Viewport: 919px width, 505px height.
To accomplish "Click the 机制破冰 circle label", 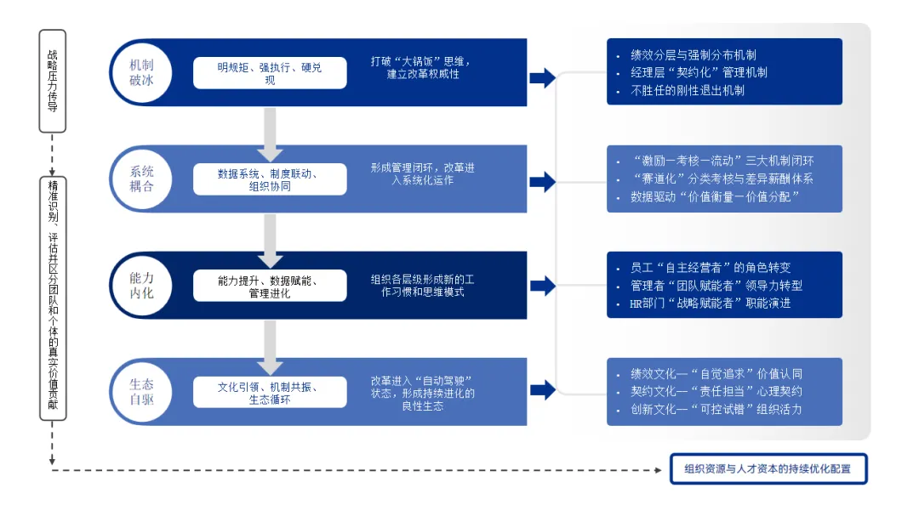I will [x=142, y=73].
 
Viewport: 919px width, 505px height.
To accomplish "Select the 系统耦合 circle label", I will [x=142, y=179].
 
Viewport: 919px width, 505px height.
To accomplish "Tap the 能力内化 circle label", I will [x=142, y=286].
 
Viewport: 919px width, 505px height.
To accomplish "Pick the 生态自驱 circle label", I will [x=142, y=392].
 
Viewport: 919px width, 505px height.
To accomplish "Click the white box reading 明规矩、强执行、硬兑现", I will [x=270, y=73].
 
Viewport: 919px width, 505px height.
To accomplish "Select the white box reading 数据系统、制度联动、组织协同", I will [x=270, y=179].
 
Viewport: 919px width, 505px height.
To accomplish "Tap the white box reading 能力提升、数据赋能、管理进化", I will [x=270, y=286].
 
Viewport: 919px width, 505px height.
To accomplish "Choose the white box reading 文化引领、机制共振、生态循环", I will [x=270, y=392].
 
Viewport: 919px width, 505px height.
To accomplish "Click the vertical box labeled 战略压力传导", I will [x=53, y=82].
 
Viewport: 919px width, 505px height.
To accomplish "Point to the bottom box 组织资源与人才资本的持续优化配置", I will [x=768, y=468].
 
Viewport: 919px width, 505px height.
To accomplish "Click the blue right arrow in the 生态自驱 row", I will [x=542, y=392].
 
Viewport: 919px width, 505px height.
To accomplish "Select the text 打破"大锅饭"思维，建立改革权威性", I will [x=420, y=68].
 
